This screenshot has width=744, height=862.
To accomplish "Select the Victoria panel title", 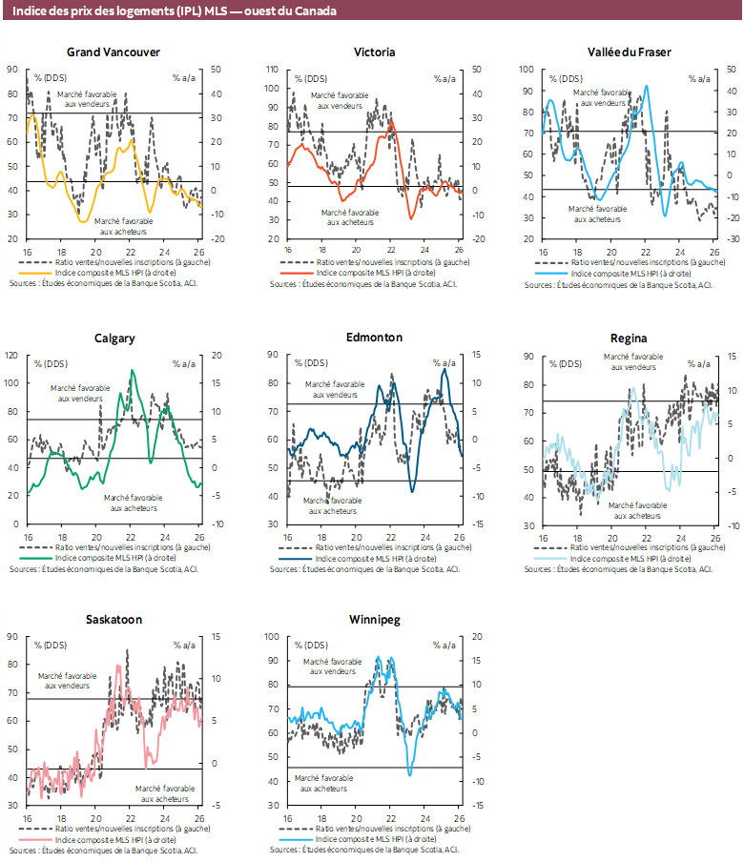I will click(374, 51).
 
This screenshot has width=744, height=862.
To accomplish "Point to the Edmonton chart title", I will click(374, 338).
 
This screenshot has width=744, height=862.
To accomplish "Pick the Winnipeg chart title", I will click(374, 619).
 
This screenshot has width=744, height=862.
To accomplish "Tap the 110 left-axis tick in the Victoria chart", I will click(272, 70).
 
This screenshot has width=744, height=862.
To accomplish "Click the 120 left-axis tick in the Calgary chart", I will click(12, 355).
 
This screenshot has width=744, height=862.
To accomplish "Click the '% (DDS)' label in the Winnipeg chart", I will click(312, 645).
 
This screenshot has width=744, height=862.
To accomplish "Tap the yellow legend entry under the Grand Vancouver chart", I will click(114, 272).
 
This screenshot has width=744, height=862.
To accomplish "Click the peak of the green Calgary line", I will click(132, 370).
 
